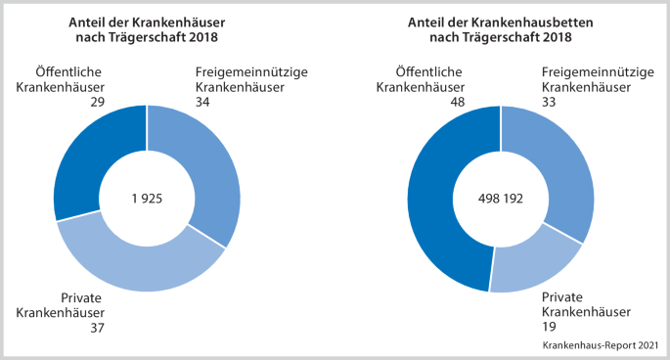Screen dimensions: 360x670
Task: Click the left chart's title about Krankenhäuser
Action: coord(148,29)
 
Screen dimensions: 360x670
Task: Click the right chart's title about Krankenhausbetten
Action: coord(501,29)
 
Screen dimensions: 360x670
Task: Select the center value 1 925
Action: coord(147,199)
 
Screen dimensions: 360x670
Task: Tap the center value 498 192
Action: coord(501,199)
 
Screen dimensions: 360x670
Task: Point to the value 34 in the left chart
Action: coord(203,102)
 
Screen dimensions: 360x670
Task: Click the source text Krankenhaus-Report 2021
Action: coord(600,346)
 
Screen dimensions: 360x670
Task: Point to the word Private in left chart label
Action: coord(81,299)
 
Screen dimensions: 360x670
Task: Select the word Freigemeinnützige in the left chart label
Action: coord(250,72)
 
